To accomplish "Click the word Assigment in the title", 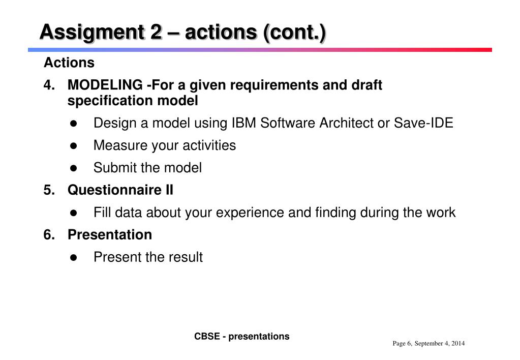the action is pyautogui.click(x=92, y=33).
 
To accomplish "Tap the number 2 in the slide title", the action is pyautogui.click(x=156, y=32).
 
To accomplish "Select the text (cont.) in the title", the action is pyautogui.click(x=294, y=33).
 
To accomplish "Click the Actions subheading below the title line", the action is pyautogui.click(x=69, y=63).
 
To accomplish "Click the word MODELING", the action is pyautogui.click(x=105, y=85).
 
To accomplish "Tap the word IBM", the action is pyautogui.click(x=244, y=123).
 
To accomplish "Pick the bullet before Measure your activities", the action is pyautogui.click(x=74, y=146).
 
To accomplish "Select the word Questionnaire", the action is pyautogui.click(x=114, y=190).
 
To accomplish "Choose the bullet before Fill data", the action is pyautogui.click(x=74, y=213).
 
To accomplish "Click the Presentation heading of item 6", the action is pyautogui.click(x=110, y=234).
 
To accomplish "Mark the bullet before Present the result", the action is pyautogui.click(x=74, y=258).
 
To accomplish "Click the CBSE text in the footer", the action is pyautogui.click(x=207, y=337).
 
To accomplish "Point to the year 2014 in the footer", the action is pyautogui.click(x=458, y=343).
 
